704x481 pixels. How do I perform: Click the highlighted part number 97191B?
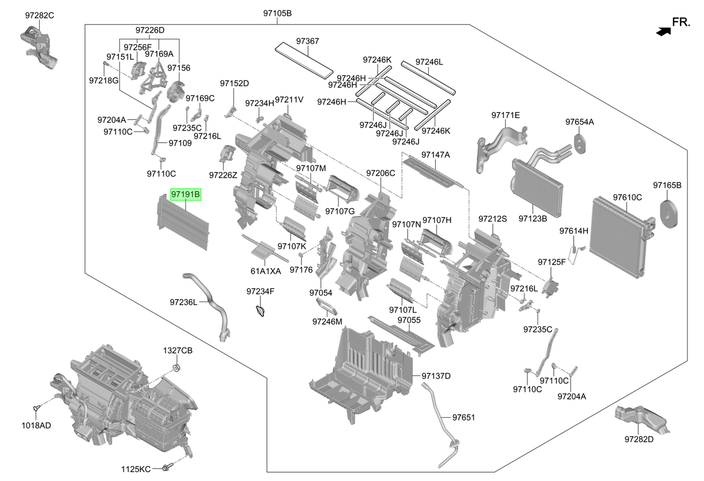185,195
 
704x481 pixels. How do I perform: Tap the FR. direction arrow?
664,32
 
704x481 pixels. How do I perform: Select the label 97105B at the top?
277,13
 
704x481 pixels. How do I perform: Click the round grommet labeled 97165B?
669,214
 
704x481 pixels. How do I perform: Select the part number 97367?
307,41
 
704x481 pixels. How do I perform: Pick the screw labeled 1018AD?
36,408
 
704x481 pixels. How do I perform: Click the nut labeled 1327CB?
177,368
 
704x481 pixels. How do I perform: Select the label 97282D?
639,439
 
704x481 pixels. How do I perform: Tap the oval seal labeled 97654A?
580,144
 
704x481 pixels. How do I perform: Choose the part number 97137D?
436,376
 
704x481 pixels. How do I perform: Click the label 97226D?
150,30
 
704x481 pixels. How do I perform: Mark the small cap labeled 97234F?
260,311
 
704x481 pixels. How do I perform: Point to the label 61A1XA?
266,271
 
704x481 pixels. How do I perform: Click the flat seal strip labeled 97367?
304,60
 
